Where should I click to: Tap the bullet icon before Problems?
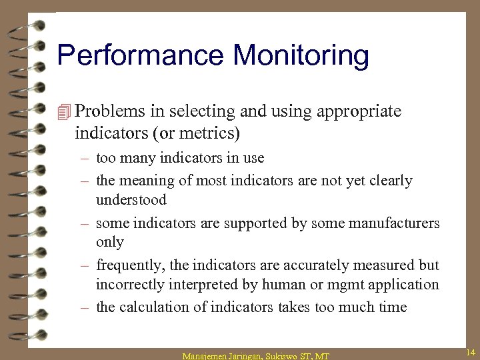[64, 112]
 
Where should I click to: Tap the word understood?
[131, 200]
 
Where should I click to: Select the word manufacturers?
[389, 223]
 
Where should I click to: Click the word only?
[110, 242]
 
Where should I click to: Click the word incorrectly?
[131, 285]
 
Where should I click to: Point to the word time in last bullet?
[392, 307]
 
